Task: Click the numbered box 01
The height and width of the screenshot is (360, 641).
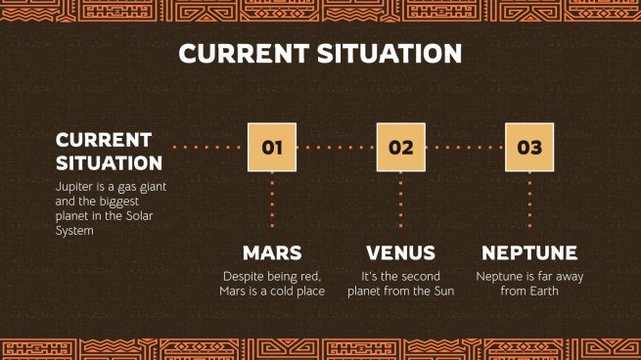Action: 272,148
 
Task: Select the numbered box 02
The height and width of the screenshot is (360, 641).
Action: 400,148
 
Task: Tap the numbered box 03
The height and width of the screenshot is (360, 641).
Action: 529,148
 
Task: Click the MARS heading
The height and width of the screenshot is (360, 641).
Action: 272,252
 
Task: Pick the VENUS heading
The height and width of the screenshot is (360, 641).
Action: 400,252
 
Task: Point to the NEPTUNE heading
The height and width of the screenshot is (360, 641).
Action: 529,252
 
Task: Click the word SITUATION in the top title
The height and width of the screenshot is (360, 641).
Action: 386,53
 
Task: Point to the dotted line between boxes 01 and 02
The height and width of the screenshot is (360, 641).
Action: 336,148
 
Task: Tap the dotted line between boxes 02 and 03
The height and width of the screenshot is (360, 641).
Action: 465,148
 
